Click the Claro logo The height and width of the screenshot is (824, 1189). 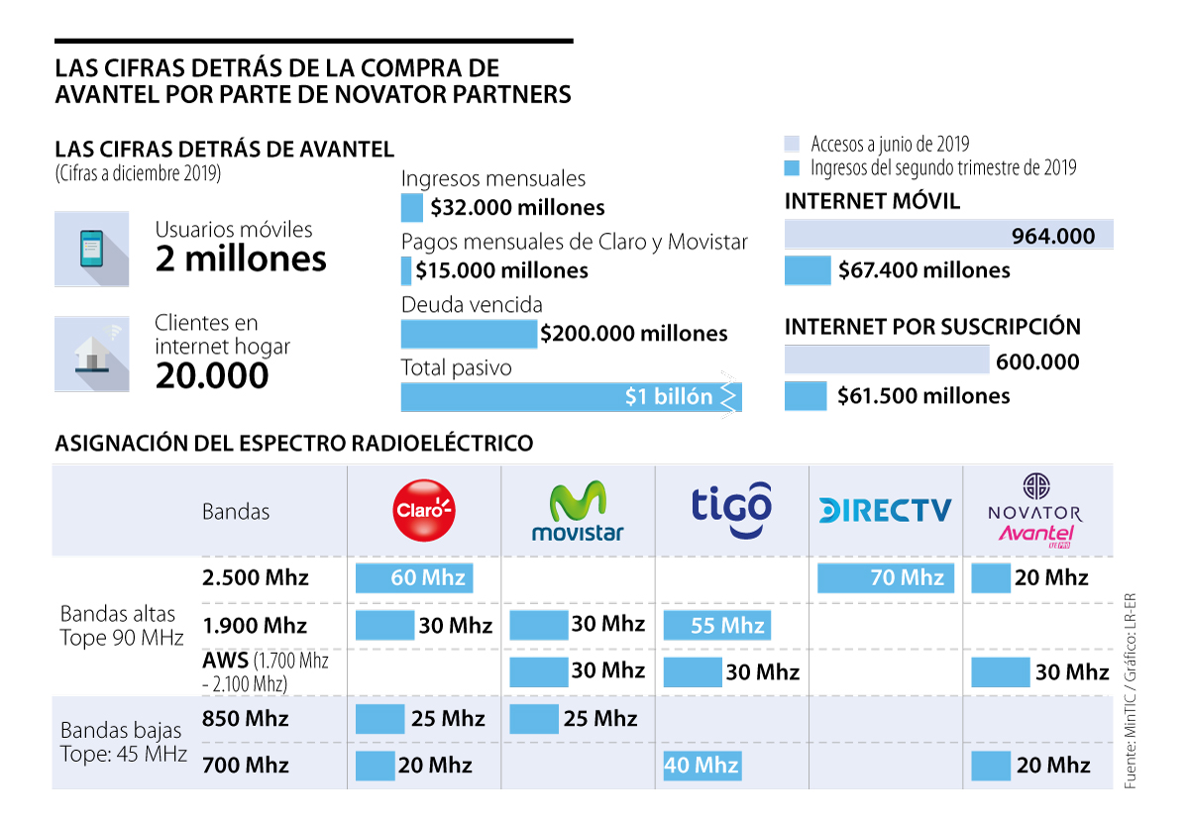424,510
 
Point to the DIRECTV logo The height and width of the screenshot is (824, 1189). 885,510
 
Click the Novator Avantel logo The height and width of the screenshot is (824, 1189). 1035,511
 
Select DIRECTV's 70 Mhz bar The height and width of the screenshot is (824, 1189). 886,577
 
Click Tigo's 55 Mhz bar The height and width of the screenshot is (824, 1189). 716,625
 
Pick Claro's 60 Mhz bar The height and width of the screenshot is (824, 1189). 414,577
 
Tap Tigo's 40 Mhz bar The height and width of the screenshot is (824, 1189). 702,766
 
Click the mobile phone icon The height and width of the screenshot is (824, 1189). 91,249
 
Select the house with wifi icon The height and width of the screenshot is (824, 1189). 91,354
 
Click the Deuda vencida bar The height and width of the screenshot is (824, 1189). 469,334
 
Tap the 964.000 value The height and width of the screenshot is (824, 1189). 1053,236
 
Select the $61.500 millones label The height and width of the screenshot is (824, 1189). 923,396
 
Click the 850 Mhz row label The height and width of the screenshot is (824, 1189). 246,718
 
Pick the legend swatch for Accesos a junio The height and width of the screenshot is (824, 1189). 792,144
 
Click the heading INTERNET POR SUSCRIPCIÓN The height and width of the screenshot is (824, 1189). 932,327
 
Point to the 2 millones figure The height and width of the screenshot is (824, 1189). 241,259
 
